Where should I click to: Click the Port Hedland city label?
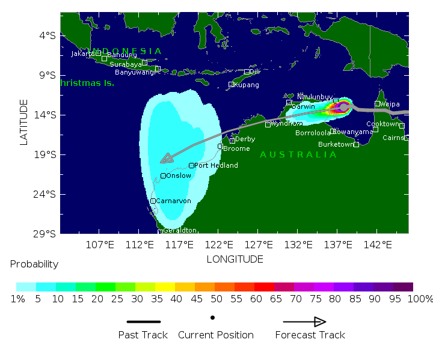216,165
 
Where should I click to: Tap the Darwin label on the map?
303,106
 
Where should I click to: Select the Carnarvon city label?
173,201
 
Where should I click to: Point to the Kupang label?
247,85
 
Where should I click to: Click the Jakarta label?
83,53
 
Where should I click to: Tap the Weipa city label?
390,104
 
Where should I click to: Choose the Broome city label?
236,148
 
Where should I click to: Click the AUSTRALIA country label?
298,154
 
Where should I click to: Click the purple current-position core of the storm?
343,107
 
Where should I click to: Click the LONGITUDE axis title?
235,259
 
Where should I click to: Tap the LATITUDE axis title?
24,122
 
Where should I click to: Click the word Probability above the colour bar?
34,264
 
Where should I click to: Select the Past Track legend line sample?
143,322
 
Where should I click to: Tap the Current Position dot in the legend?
213,317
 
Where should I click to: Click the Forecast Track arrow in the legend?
305,322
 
